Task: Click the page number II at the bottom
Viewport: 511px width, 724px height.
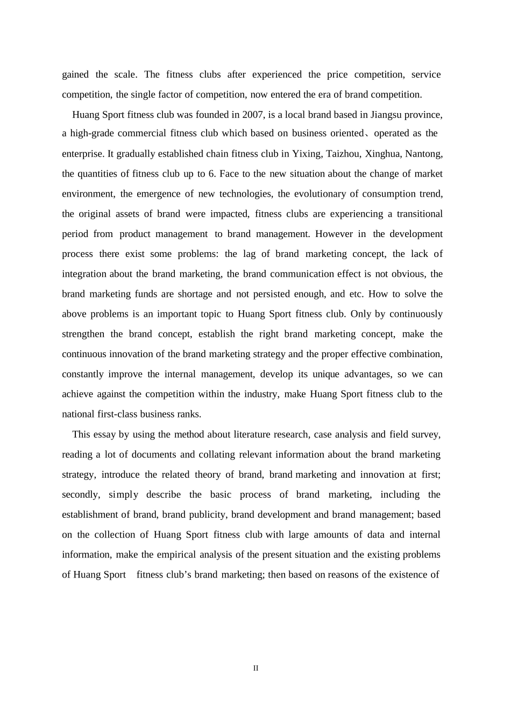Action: coord(256,668)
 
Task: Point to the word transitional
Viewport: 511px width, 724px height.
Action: coord(420,214)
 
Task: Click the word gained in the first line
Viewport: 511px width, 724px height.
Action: coord(75,74)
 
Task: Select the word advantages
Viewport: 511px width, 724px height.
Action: coord(367,374)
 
